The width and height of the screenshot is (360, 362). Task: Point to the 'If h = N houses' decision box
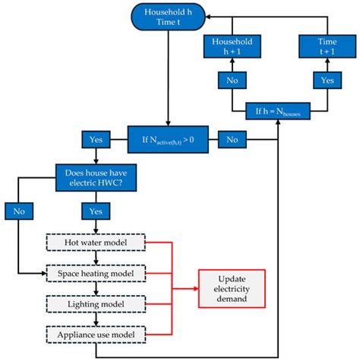[279, 112]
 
